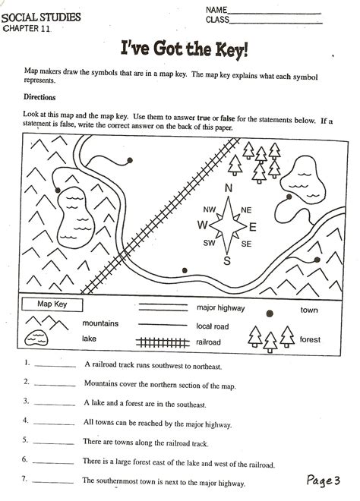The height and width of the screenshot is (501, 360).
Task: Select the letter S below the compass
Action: coord(226,261)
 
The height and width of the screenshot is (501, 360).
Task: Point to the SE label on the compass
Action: coord(246,244)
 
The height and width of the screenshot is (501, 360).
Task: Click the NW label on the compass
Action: coord(210,210)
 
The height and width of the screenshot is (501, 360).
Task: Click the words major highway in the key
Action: coord(220,308)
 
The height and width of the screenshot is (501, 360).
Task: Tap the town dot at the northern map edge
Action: coord(130,160)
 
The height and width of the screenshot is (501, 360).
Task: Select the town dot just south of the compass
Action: coord(185,269)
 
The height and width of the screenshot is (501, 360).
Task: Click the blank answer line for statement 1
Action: coord(55,366)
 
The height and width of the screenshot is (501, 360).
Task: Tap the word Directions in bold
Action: coord(39,98)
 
